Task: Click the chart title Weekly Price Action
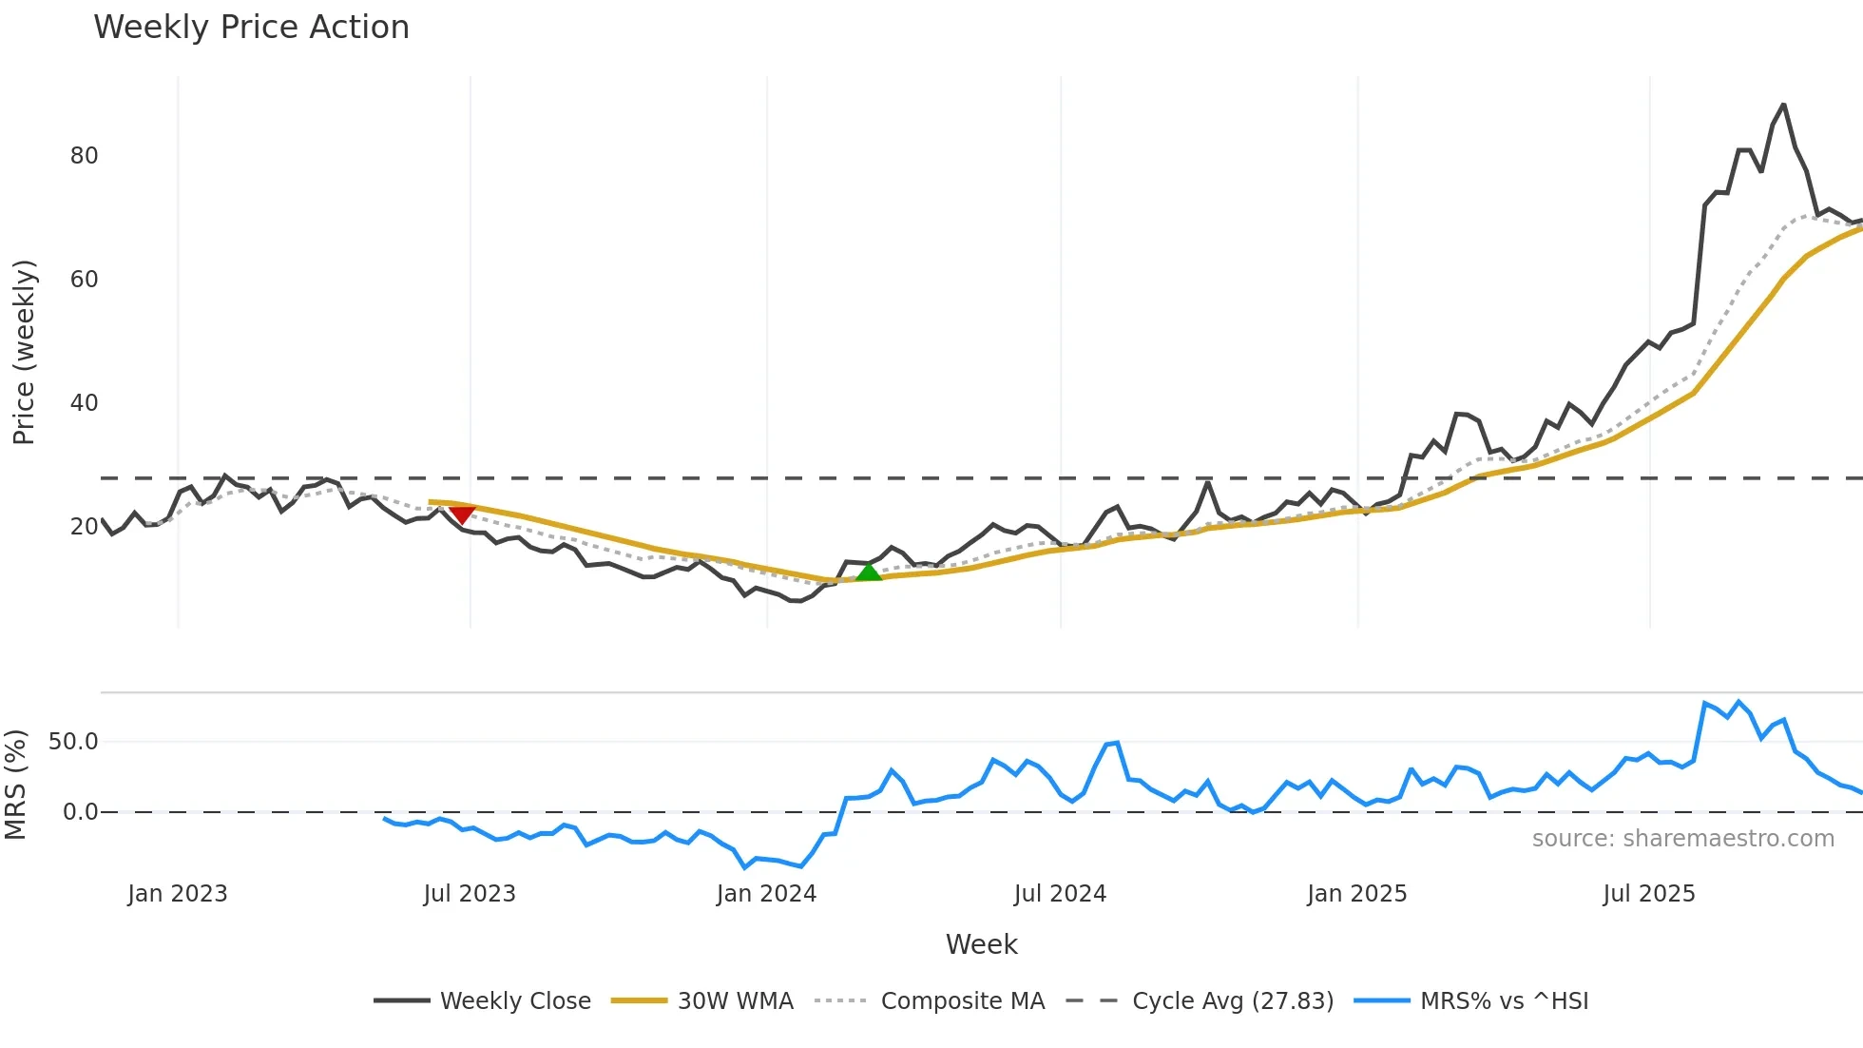coord(251,28)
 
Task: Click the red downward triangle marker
coord(462,514)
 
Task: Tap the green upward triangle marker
coord(869,572)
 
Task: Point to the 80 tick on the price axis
coord(84,156)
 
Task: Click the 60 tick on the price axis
coord(84,280)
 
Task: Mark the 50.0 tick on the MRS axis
coord(73,742)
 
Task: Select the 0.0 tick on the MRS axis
coord(80,812)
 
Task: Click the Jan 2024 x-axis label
coord(766,894)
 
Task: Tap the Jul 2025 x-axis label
coord(1648,894)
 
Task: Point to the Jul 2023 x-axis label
coord(470,894)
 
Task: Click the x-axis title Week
coord(981,944)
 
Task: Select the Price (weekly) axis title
coord(24,352)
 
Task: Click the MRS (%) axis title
coord(15,785)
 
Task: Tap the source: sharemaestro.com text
coord(1682,839)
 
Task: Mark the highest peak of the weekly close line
coord(1783,105)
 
